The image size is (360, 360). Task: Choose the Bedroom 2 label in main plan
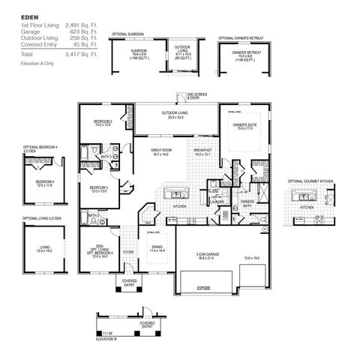point(102,123)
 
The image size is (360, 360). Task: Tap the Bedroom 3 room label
point(99,188)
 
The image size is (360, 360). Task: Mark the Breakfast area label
point(202,151)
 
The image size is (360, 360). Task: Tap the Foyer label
point(128,252)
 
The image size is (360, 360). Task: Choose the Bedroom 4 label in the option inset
point(44,182)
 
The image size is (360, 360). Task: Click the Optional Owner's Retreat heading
point(240,37)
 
